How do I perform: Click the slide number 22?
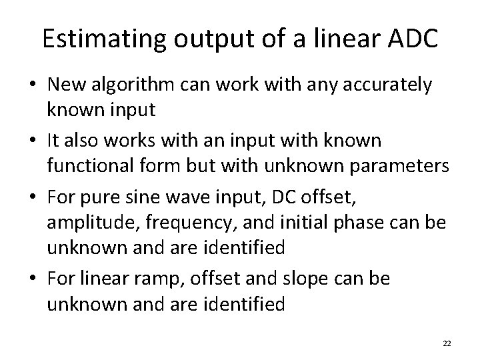coord(447,343)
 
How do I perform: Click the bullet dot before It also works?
coord(32,142)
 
